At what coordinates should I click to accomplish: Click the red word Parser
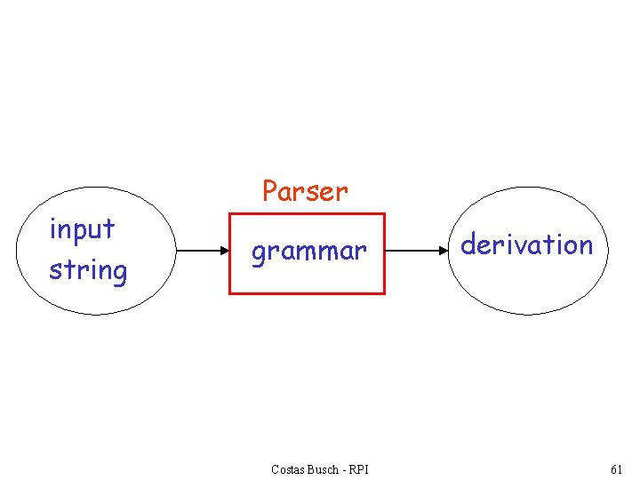point(305,190)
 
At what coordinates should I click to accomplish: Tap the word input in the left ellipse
point(83,229)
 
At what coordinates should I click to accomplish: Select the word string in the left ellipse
point(88,269)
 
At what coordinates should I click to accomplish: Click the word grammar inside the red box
point(308,252)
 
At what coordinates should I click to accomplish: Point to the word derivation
point(526,244)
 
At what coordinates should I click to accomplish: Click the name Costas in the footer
point(290,469)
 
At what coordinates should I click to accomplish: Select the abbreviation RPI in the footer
point(360,469)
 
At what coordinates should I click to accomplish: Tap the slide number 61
point(617,469)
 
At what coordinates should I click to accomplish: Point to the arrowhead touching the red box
point(224,252)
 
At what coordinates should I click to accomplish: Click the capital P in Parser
point(270,190)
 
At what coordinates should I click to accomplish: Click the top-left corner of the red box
point(230,214)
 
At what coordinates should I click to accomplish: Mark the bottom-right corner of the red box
point(384,292)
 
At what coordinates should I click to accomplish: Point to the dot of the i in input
point(53,219)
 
